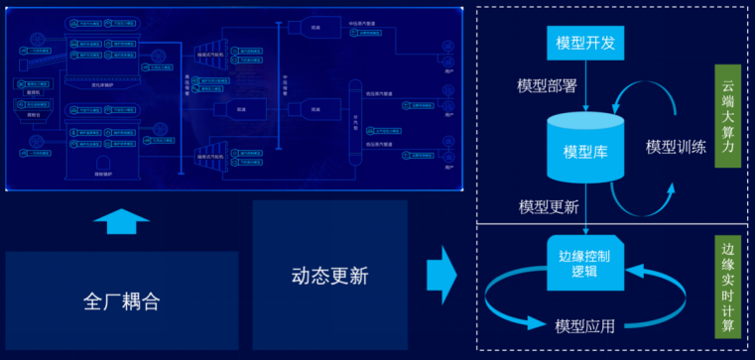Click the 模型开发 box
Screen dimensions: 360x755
(x=586, y=43)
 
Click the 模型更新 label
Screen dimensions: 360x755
(x=549, y=206)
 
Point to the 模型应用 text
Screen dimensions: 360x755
(x=585, y=325)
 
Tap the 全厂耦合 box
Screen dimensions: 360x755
(x=122, y=300)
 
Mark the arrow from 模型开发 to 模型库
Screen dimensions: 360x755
(x=586, y=83)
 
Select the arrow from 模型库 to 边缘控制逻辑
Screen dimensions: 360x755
(x=586, y=210)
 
